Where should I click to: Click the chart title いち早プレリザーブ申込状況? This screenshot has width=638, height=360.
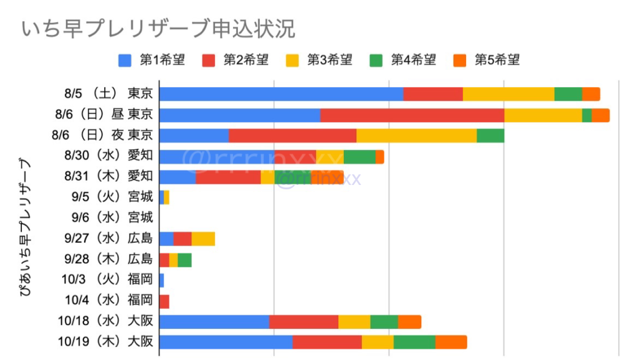(158, 29)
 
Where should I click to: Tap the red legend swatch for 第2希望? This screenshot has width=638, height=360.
(209, 60)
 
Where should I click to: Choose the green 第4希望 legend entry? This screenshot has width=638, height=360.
(403, 60)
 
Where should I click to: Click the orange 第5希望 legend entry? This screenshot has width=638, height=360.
(487, 60)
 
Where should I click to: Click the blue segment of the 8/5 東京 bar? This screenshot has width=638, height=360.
(280, 94)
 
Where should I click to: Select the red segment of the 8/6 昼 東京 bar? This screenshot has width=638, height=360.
(411, 115)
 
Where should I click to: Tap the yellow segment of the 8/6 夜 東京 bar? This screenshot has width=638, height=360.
(416, 136)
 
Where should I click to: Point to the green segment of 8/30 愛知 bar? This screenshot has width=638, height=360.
(359, 156)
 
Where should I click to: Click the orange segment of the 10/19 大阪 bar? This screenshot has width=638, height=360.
(451, 342)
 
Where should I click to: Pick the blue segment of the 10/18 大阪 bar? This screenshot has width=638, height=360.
(214, 321)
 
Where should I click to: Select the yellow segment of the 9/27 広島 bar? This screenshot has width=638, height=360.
(203, 239)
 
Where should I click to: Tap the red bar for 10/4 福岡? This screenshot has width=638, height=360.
(164, 301)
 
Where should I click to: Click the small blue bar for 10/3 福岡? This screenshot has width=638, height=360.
(161, 280)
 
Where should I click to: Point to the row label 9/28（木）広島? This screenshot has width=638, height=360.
(108, 259)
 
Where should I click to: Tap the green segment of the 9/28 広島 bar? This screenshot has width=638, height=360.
(184, 260)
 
